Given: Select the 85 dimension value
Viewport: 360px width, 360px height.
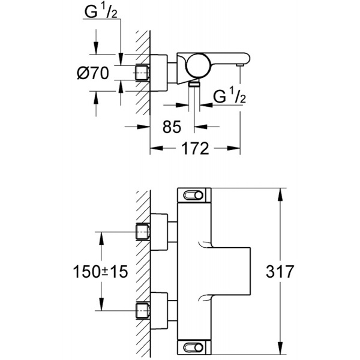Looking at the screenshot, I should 172,127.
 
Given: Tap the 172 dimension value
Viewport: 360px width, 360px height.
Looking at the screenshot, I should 196,148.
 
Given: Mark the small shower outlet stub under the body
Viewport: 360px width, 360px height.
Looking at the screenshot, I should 194,86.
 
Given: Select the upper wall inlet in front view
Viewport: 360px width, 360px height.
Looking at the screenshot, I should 143,230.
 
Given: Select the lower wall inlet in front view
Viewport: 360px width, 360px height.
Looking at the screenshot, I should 143,311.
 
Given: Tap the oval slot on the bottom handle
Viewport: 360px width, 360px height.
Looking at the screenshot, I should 193,346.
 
